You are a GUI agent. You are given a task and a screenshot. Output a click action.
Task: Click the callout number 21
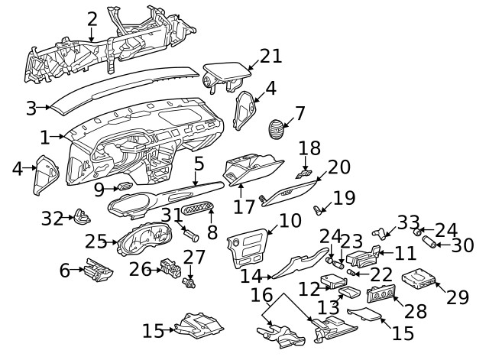(x=270, y=56)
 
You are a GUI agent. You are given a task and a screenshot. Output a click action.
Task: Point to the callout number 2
(x=92, y=18)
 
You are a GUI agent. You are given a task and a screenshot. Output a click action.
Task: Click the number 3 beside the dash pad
(x=31, y=108)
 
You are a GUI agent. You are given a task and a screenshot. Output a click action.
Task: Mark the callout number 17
(x=244, y=206)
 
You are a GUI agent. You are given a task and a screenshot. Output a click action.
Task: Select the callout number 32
(x=52, y=219)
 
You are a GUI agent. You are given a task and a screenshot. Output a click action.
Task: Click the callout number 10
(x=290, y=222)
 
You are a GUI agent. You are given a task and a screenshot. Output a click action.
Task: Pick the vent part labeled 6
(x=99, y=270)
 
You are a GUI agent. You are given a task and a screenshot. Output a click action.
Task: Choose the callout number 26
(x=140, y=268)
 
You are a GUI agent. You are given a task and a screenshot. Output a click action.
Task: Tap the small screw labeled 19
(x=319, y=207)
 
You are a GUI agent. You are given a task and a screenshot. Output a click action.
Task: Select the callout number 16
(x=261, y=294)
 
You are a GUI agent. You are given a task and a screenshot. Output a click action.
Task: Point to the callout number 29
(x=457, y=297)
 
